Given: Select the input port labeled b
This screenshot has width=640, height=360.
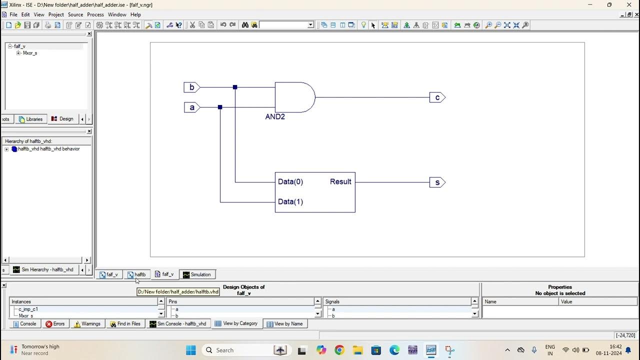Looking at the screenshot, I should click(191, 87).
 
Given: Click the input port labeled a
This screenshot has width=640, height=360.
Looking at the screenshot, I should click(191, 107).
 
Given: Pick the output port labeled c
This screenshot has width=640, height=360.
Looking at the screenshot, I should click(437, 97).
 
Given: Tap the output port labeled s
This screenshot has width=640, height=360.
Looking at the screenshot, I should click(437, 182).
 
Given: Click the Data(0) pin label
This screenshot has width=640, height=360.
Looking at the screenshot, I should click(290, 182).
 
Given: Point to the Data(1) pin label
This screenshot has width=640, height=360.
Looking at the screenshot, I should click(290, 202).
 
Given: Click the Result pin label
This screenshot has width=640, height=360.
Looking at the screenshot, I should click(340, 182).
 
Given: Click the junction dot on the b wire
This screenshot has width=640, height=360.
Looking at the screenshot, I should click(235, 87).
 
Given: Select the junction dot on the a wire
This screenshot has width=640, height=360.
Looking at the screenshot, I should click(220, 107).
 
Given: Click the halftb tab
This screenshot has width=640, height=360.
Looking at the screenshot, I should click(136, 274).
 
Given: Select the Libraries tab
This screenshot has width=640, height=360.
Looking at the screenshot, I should click(30, 119).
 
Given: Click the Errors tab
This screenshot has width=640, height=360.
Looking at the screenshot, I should click(55, 324).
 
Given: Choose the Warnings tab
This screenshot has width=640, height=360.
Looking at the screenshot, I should click(87, 324).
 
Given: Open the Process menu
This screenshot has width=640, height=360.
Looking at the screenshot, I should click(95, 14).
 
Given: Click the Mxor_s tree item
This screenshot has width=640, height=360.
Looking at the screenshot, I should click(30, 53).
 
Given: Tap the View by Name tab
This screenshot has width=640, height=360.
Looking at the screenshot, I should click(285, 324).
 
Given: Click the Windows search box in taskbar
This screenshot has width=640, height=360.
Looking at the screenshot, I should click(235, 350).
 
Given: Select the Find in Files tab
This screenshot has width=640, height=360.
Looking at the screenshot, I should click(125, 324).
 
